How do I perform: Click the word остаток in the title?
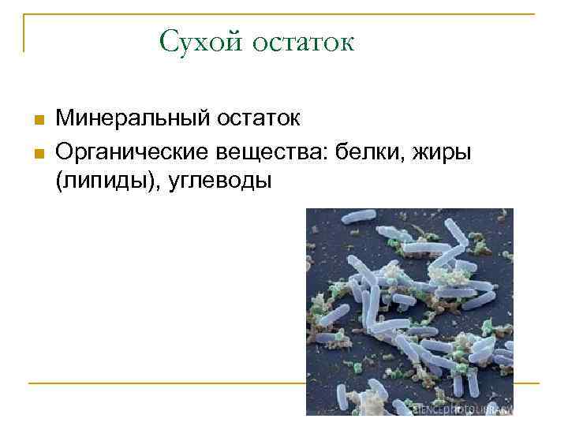[x=303, y=42]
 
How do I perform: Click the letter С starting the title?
[x=167, y=41]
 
